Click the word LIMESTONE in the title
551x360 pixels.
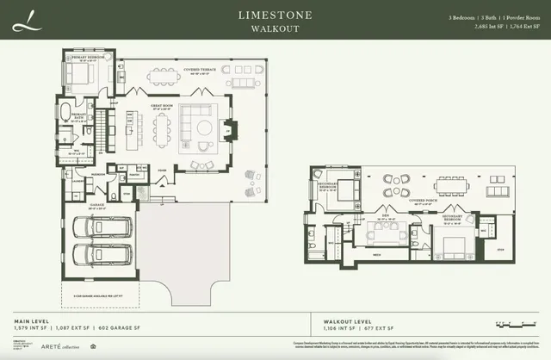click(x=275, y=15)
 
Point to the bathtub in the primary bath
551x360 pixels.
click(x=70, y=113)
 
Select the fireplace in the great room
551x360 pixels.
click(x=230, y=130)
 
